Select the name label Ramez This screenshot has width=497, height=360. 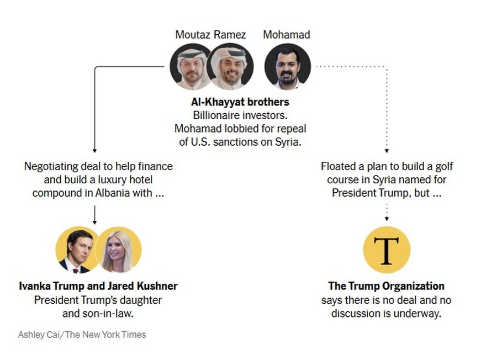point(230,35)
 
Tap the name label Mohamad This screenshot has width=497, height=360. point(286,35)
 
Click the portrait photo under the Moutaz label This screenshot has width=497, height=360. point(191,67)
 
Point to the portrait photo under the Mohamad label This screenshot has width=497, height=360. point(287,67)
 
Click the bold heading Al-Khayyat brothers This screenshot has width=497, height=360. point(240,102)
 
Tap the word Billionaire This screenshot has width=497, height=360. point(218,115)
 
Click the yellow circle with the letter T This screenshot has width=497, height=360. point(387,250)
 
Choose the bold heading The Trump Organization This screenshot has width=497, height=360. point(386,286)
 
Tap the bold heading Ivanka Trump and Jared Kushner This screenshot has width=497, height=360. point(98,286)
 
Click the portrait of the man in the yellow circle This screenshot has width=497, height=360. point(76,250)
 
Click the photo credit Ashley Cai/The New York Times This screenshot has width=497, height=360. point(82,335)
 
